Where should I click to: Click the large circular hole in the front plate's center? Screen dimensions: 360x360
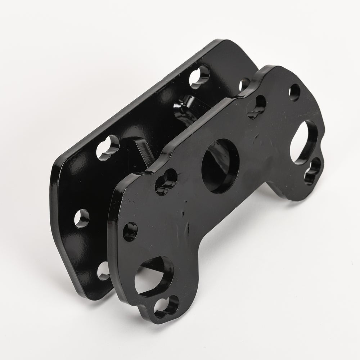pyautogui.click(x=221, y=166)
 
